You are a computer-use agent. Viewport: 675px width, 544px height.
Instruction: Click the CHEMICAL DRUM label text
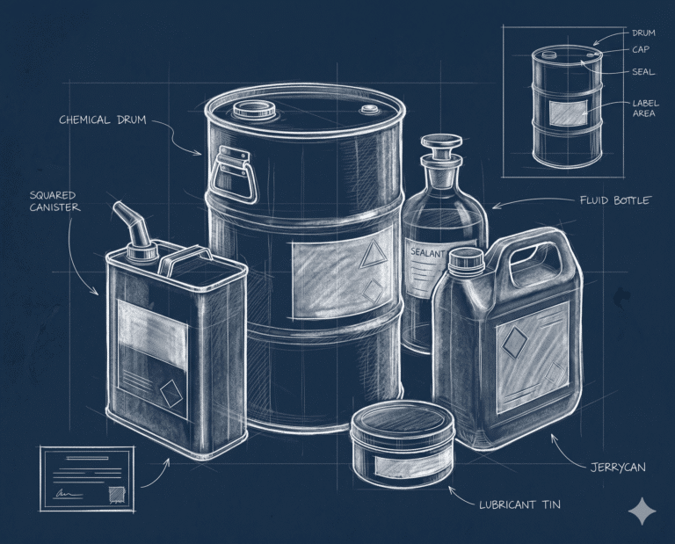(x=103, y=120)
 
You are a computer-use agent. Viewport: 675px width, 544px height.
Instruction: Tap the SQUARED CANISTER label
(x=54, y=201)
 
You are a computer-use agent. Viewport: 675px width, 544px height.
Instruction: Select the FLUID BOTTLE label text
(x=615, y=200)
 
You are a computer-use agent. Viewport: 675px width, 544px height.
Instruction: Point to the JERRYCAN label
(x=618, y=467)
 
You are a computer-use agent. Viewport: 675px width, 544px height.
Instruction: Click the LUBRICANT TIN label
(x=520, y=504)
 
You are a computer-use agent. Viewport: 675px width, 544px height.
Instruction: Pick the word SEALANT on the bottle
(x=427, y=252)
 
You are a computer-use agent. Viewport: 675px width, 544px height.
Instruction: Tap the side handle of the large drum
(x=233, y=173)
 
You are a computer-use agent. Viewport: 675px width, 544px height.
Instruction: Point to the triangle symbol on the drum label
(x=373, y=254)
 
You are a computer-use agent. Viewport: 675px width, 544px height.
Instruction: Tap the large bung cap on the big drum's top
(x=254, y=110)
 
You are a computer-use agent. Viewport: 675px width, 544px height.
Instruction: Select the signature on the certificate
(x=68, y=493)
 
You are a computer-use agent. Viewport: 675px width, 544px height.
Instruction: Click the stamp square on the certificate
(x=116, y=495)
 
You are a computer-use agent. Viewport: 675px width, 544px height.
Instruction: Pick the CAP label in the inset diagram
(x=641, y=49)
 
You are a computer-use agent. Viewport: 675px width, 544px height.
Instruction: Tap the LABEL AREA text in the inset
(x=645, y=108)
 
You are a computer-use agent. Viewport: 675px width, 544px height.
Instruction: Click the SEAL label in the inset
(x=643, y=72)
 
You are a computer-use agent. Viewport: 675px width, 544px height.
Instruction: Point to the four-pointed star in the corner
(x=642, y=511)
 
